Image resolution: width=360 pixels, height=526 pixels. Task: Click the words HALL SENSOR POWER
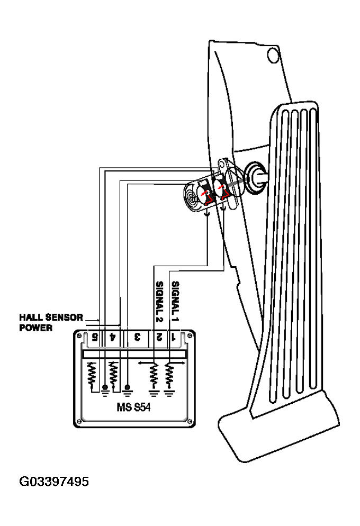[51, 322]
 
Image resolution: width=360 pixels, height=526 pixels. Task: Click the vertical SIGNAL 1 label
[175, 301]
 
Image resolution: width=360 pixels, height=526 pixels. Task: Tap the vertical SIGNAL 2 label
[160, 302]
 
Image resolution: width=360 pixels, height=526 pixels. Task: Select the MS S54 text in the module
[133, 407]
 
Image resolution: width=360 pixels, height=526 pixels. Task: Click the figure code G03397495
[54, 482]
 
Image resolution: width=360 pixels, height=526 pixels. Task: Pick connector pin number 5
[95, 337]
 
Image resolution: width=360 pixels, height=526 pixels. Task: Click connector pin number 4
[112, 337]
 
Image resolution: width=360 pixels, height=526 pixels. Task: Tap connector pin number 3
[137, 337]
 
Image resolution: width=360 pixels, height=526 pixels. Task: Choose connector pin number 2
[159, 337]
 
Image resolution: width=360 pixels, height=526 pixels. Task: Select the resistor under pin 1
[169, 376]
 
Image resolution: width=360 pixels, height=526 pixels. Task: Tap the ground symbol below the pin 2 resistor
[154, 393]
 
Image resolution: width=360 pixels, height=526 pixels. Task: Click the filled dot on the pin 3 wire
[127, 387]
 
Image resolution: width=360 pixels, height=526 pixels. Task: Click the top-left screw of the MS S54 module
[79, 335]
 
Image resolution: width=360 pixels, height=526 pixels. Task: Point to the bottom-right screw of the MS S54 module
[190, 422]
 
